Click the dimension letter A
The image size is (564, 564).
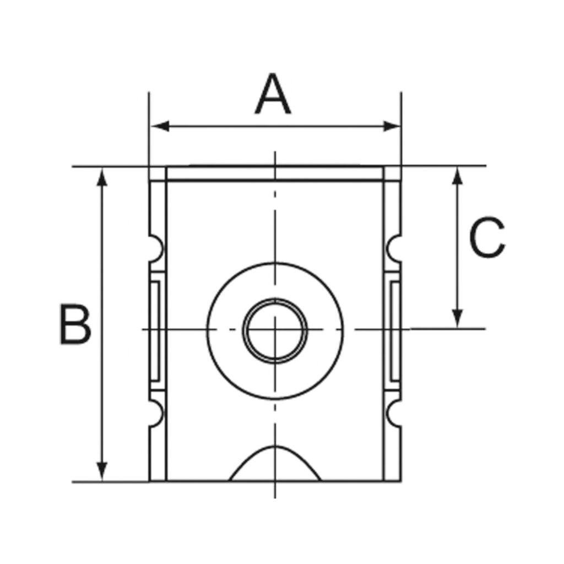[x=273, y=96]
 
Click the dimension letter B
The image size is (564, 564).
[x=75, y=324]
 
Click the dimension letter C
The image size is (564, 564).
[x=487, y=238]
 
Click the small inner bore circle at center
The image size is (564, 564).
[x=275, y=330]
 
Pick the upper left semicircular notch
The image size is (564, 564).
[x=156, y=248]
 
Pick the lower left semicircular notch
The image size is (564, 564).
[x=156, y=413]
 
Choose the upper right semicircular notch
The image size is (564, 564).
[x=394, y=248]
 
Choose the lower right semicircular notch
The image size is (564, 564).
[x=394, y=413]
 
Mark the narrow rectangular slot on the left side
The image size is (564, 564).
[x=155, y=330]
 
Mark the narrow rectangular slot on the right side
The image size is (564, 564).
[x=394, y=330]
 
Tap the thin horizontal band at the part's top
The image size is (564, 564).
[x=275, y=173]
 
